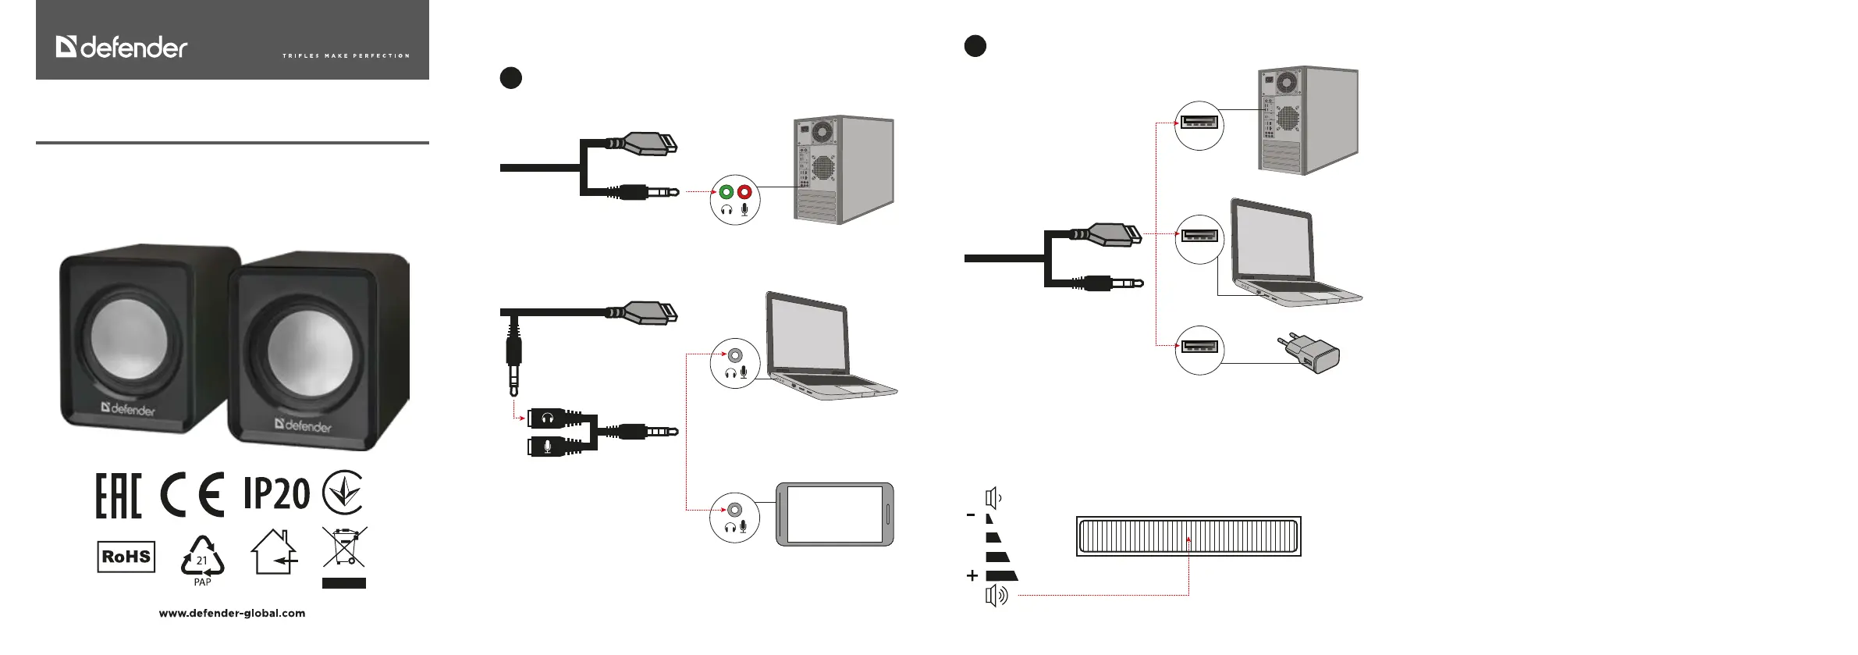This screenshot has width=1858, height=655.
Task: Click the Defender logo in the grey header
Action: (122, 48)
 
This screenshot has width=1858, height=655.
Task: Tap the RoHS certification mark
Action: (126, 557)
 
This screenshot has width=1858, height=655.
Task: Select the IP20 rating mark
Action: (276, 493)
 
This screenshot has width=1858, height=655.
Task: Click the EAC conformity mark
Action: (119, 496)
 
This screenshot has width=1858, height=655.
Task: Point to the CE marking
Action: (192, 495)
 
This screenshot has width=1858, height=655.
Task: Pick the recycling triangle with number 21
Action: (202, 557)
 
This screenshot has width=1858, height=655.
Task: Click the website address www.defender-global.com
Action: (232, 614)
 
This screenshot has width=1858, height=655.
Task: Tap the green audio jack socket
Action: (727, 192)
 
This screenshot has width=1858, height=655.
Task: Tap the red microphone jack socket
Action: (744, 192)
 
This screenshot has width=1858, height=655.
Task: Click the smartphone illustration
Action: (834, 514)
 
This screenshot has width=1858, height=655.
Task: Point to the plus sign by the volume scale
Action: (972, 576)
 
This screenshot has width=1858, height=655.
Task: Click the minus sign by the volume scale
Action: (971, 515)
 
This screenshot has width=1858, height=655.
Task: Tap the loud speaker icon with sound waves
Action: (996, 596)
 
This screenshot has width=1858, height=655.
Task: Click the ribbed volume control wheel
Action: (1188, 536)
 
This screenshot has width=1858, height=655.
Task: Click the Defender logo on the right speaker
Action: (303, 425)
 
